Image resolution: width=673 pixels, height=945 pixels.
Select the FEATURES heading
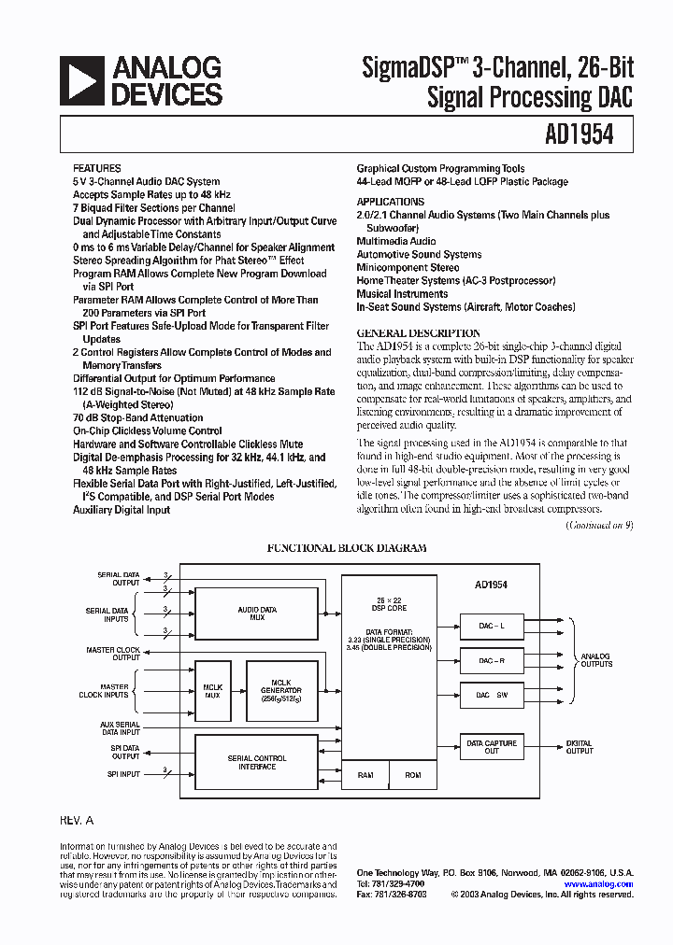point(96,168)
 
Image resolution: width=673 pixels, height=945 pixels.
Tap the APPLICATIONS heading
point(390,202)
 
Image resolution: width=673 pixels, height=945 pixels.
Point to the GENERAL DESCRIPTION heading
point(419,333)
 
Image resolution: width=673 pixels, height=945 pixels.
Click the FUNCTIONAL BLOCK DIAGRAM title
point(347,549)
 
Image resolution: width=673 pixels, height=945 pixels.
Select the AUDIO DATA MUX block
point(256,613)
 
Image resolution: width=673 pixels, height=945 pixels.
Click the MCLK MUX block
point(211,692)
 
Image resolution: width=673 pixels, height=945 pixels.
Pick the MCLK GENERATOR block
point(281,692)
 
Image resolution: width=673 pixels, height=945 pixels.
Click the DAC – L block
point(492,626)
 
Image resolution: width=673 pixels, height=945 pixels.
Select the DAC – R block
point(492,660)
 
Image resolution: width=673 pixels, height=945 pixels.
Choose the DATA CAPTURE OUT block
point(492,746)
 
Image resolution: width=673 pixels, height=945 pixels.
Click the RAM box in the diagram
point(365,775)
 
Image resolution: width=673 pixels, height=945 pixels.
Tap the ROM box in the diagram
point(413,775)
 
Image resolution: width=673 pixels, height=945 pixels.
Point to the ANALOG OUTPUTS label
point(596,660)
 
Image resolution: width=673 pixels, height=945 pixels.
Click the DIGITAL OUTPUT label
point(580,746)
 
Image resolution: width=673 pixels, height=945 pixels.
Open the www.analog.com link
point(598,883)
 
